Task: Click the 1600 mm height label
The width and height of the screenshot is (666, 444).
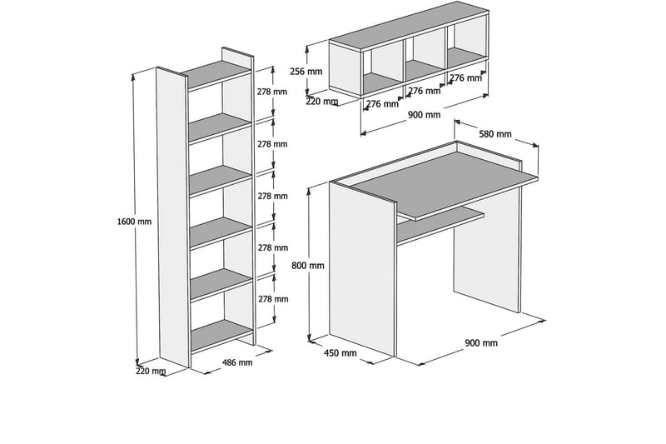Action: pyautogui.click(x=134, y=222)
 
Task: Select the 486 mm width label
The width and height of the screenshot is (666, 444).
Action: pyautogui.click(x=237, y=362)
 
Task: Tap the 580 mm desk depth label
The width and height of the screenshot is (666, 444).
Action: pyautogui.click(x=495, y=134)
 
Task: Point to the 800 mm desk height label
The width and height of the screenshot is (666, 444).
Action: pyautogui.click(x=308, y=266)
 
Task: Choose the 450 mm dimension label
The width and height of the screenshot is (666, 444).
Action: pyautogui.click(x=340, y=352)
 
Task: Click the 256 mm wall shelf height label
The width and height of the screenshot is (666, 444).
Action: pyautogui.click(x=306, y=72)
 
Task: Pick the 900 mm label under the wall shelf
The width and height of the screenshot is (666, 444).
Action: pyautogui.click(x=425, y=115)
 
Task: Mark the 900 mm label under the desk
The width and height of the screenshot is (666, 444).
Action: pyautogui.click(x=481, y=343)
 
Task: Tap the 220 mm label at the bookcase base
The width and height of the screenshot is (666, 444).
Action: pyautogui.click(x=151, y=371)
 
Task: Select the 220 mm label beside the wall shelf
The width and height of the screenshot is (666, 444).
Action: pyautogui.click(x=322, y=102)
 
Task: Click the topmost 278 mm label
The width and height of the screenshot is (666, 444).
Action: pyautogui.click(x=272, y=92)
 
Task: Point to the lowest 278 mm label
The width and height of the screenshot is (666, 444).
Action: pyautogui.click(x=273, y=299)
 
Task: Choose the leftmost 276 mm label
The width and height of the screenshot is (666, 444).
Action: pyautogui.click(x=382, y=103)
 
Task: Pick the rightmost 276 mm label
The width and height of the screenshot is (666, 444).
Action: pyautogui.click(x=466, y=78)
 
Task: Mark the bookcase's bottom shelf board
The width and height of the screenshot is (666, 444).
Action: pyautogui.click(x=221, y=335)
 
